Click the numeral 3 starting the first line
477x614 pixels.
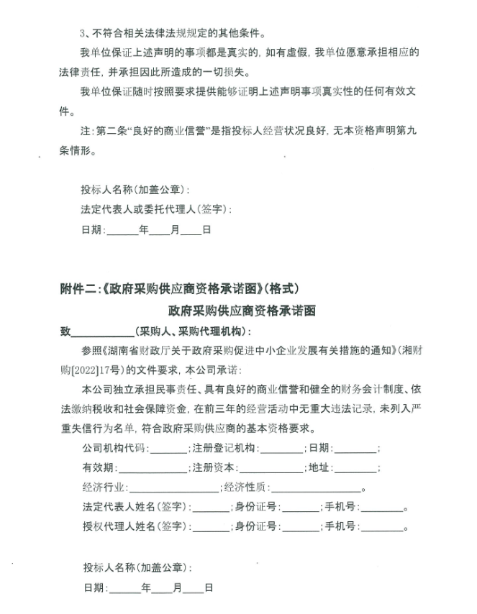tap(83, 33)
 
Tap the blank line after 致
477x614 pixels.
tap(104, 331)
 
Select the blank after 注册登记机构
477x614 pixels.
tap(284, 448)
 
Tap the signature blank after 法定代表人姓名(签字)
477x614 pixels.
tap(211, 507)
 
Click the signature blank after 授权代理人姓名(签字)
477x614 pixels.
tap(211, 526)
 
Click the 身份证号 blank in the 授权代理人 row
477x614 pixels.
tap(299, 526)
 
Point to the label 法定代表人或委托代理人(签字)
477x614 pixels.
tap(156, 210)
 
